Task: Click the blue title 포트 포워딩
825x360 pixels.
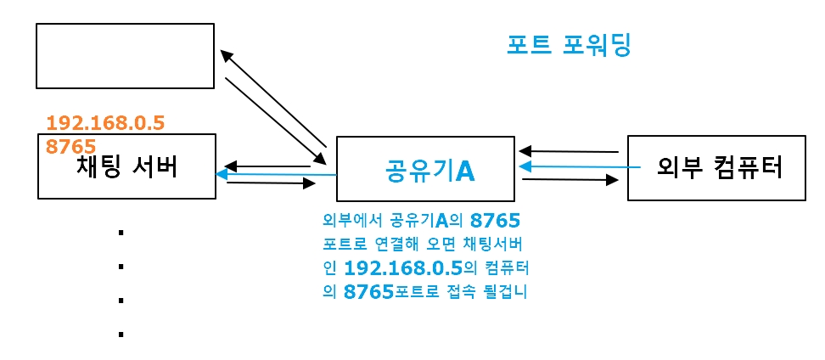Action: click(569, 45)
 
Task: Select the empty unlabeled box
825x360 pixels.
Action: click(125, 56)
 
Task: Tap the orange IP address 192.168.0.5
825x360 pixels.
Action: click(104, 122)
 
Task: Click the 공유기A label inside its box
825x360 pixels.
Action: click(424, 170)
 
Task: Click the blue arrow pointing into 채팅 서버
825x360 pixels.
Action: click(276, 175)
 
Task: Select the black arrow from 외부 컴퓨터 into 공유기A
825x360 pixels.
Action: click(569, 151)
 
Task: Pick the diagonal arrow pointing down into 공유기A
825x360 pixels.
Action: click(276, 120)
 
